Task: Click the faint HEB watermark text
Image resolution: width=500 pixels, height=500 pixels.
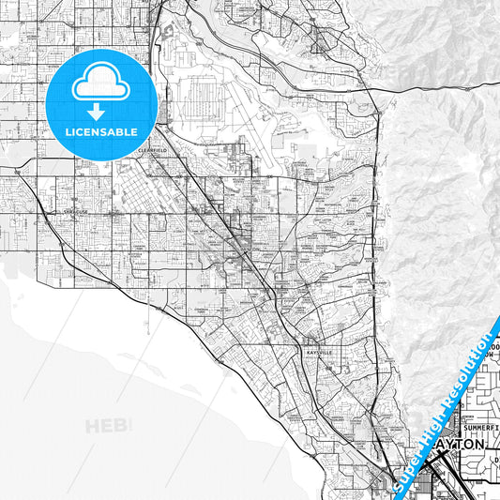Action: point(109,426)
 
